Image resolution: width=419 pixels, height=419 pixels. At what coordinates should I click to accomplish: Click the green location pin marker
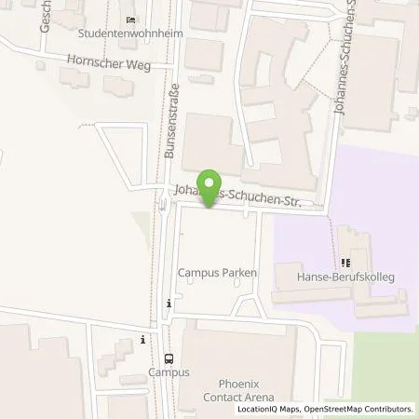pos(211,189)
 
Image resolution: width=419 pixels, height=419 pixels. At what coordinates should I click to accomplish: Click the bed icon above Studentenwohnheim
pos(130,20)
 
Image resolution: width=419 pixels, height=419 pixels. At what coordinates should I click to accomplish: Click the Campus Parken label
pos(217,274)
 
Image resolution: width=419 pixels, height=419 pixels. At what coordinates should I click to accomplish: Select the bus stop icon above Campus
pos(169,358)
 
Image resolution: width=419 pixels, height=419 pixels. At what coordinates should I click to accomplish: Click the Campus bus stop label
pos(169,372)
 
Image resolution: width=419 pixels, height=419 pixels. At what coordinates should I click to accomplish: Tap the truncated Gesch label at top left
pos(45,16)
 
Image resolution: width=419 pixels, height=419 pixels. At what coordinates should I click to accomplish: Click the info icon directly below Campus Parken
pos(169,303)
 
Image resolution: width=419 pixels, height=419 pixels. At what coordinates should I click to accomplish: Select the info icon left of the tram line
pos(142,339)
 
